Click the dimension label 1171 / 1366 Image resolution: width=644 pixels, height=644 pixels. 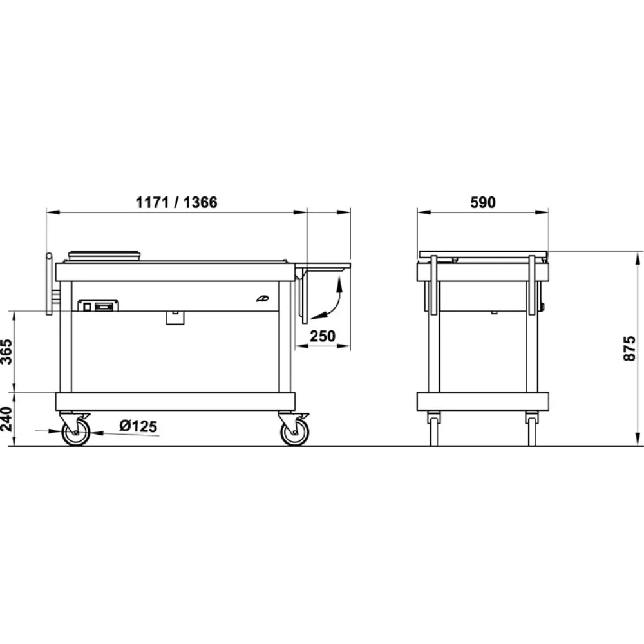click(176, 202)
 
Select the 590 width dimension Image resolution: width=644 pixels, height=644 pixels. click(482, 202)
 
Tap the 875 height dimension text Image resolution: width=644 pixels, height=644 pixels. click(630, 348)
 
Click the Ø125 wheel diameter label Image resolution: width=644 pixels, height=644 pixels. click(138, 426)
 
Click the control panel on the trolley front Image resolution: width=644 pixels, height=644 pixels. click(98, 306)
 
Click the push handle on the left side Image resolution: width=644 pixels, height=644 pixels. click(49, 283)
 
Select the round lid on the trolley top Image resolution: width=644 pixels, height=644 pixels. click(104, 254)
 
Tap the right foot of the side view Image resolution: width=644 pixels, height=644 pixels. click(531, 430)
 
